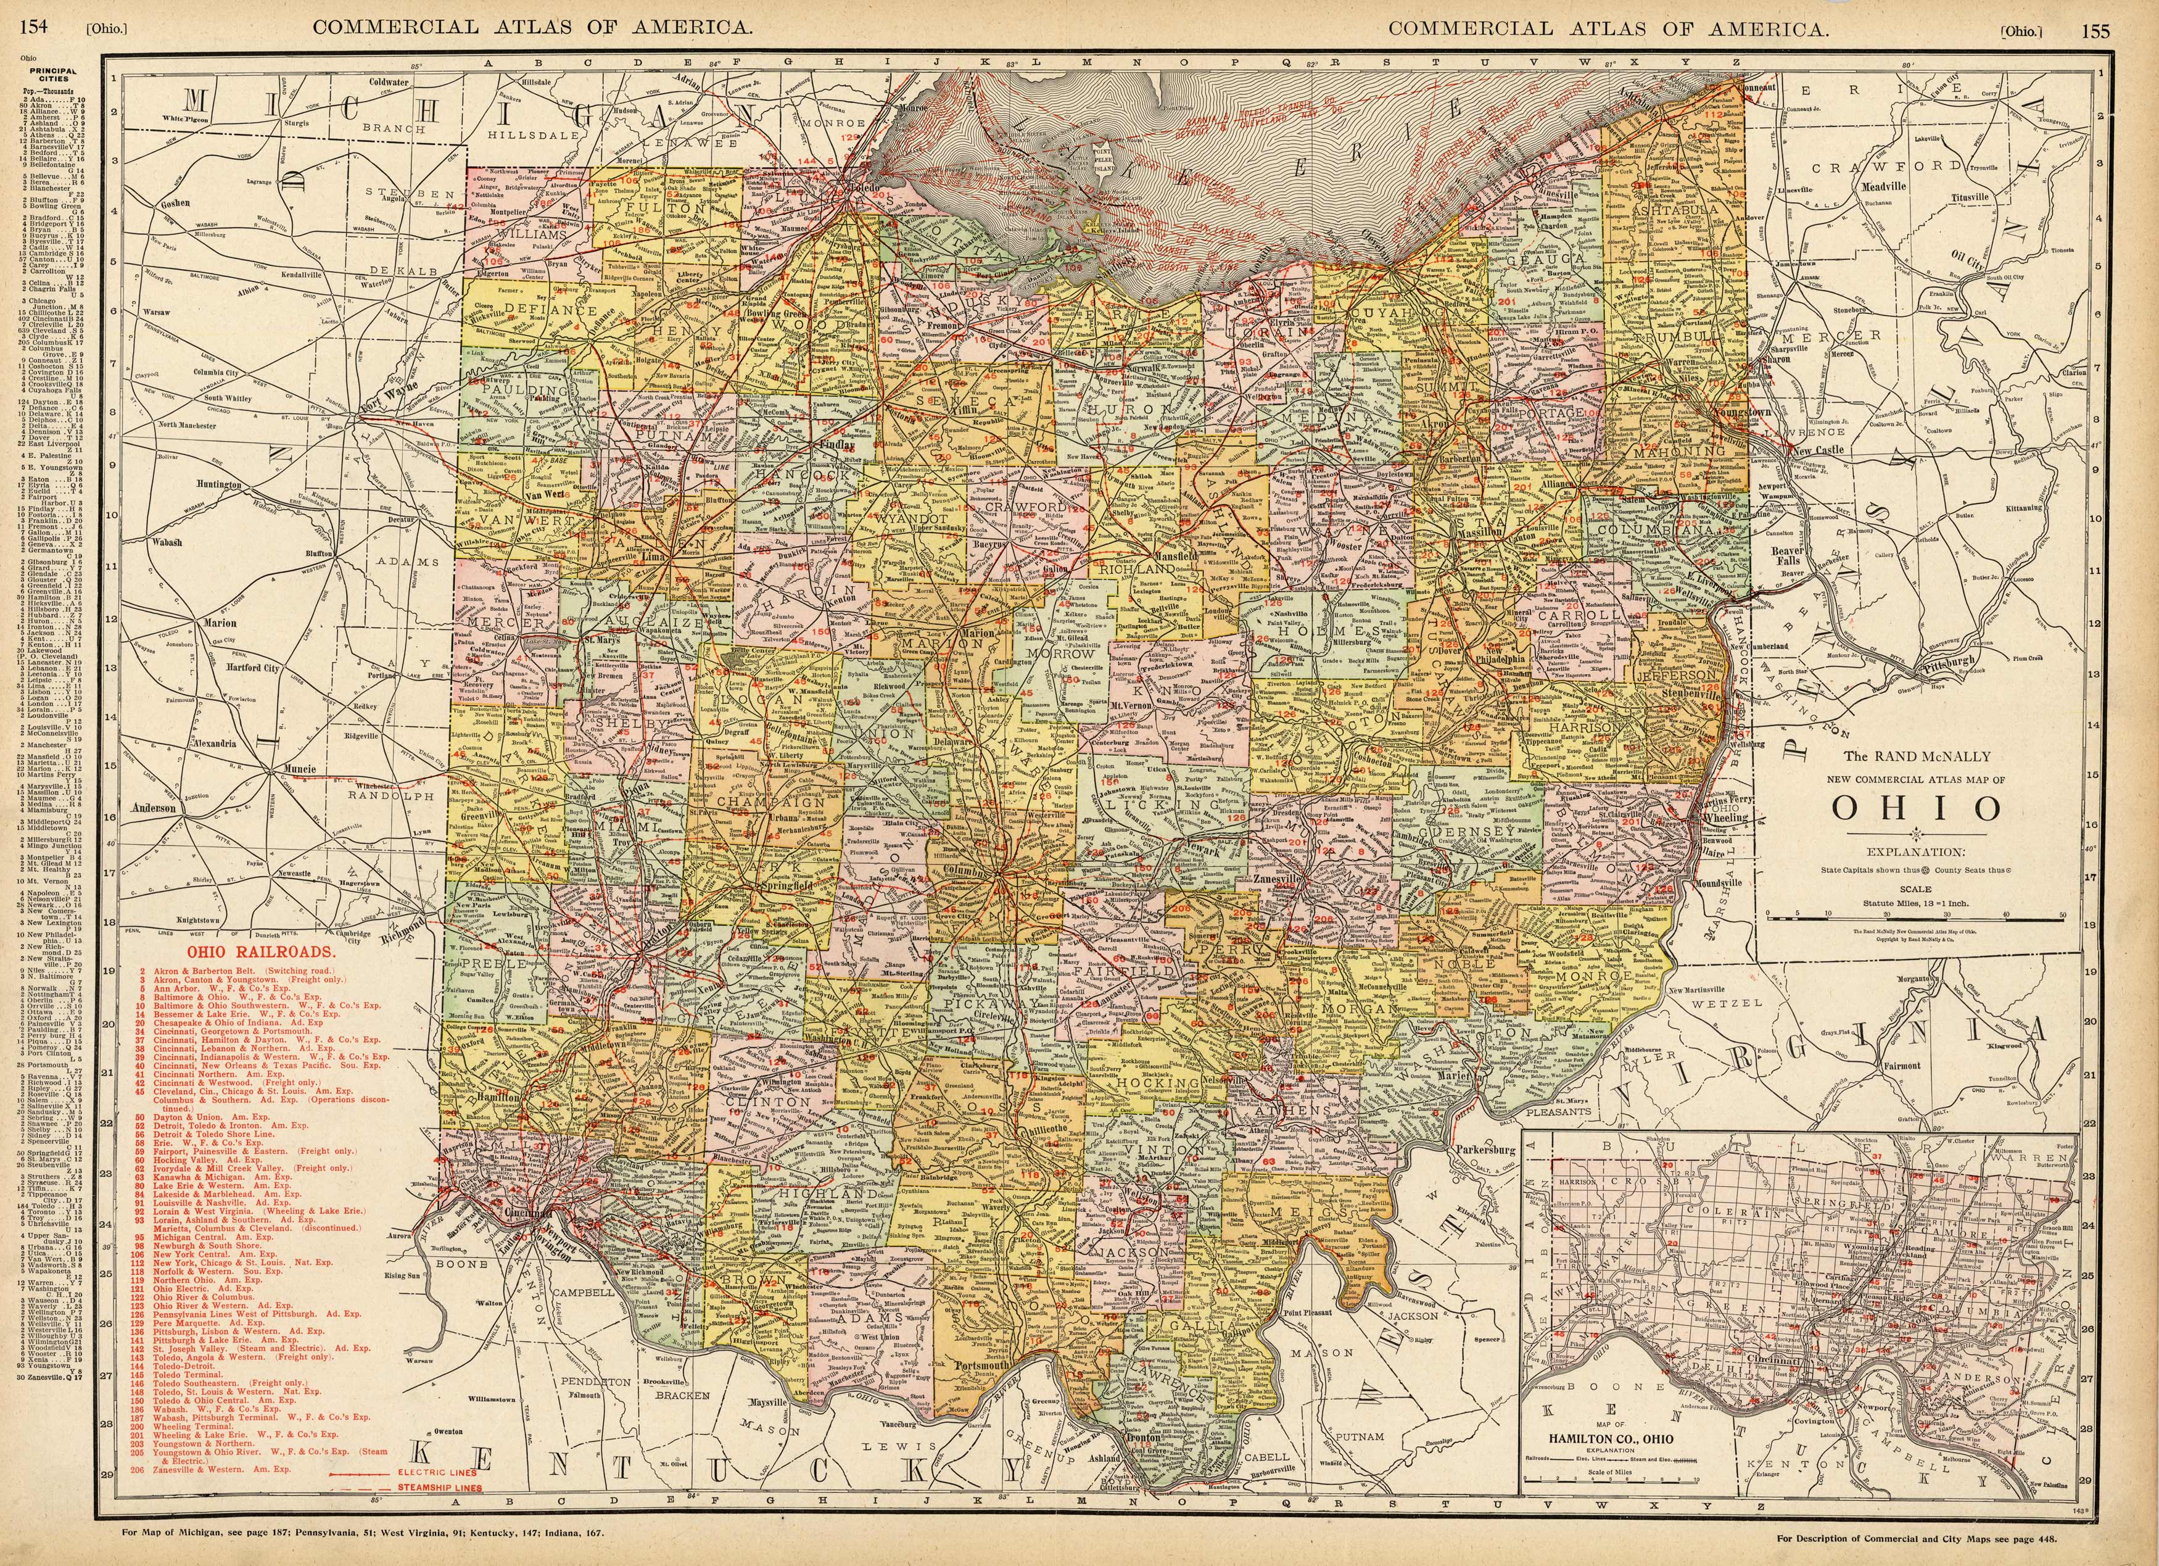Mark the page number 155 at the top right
(2095, 30)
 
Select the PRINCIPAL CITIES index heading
(52, 74)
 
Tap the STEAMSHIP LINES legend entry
(439, 1487)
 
